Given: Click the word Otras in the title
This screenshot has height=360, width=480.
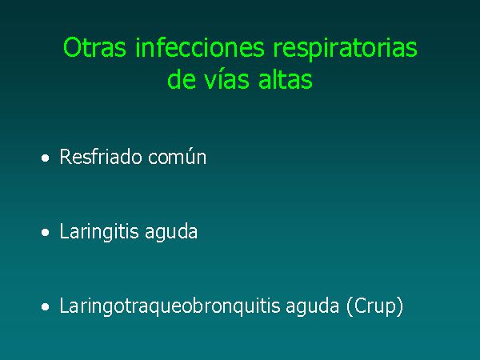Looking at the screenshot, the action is click(94, 48).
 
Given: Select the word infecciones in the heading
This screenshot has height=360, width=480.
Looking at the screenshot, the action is click(199, 48).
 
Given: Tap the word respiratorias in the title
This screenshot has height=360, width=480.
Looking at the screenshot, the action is click(345, 48).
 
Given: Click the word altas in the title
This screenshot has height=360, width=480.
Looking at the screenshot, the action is click(286, 79).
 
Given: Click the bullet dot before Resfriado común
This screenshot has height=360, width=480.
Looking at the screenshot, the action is click(46, 158).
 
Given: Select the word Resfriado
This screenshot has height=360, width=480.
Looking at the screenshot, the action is click(101, 157).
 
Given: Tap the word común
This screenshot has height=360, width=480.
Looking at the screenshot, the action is click(178, 158).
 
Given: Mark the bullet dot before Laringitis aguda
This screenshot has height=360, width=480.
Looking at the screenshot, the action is click(46, 233).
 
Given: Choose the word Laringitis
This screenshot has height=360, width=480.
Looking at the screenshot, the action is click(99, 232).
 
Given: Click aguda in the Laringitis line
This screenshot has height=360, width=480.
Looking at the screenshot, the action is click(171, 233).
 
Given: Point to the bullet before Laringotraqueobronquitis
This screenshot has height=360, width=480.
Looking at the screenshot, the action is click(46, 307).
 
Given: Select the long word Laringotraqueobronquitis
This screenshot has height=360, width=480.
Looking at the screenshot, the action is click(170, 306).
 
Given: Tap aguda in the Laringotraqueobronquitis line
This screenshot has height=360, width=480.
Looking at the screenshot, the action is click(313, 307).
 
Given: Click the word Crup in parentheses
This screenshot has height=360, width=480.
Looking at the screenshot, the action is click(374, 306).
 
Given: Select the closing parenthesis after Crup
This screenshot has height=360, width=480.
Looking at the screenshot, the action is click(399, 306).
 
